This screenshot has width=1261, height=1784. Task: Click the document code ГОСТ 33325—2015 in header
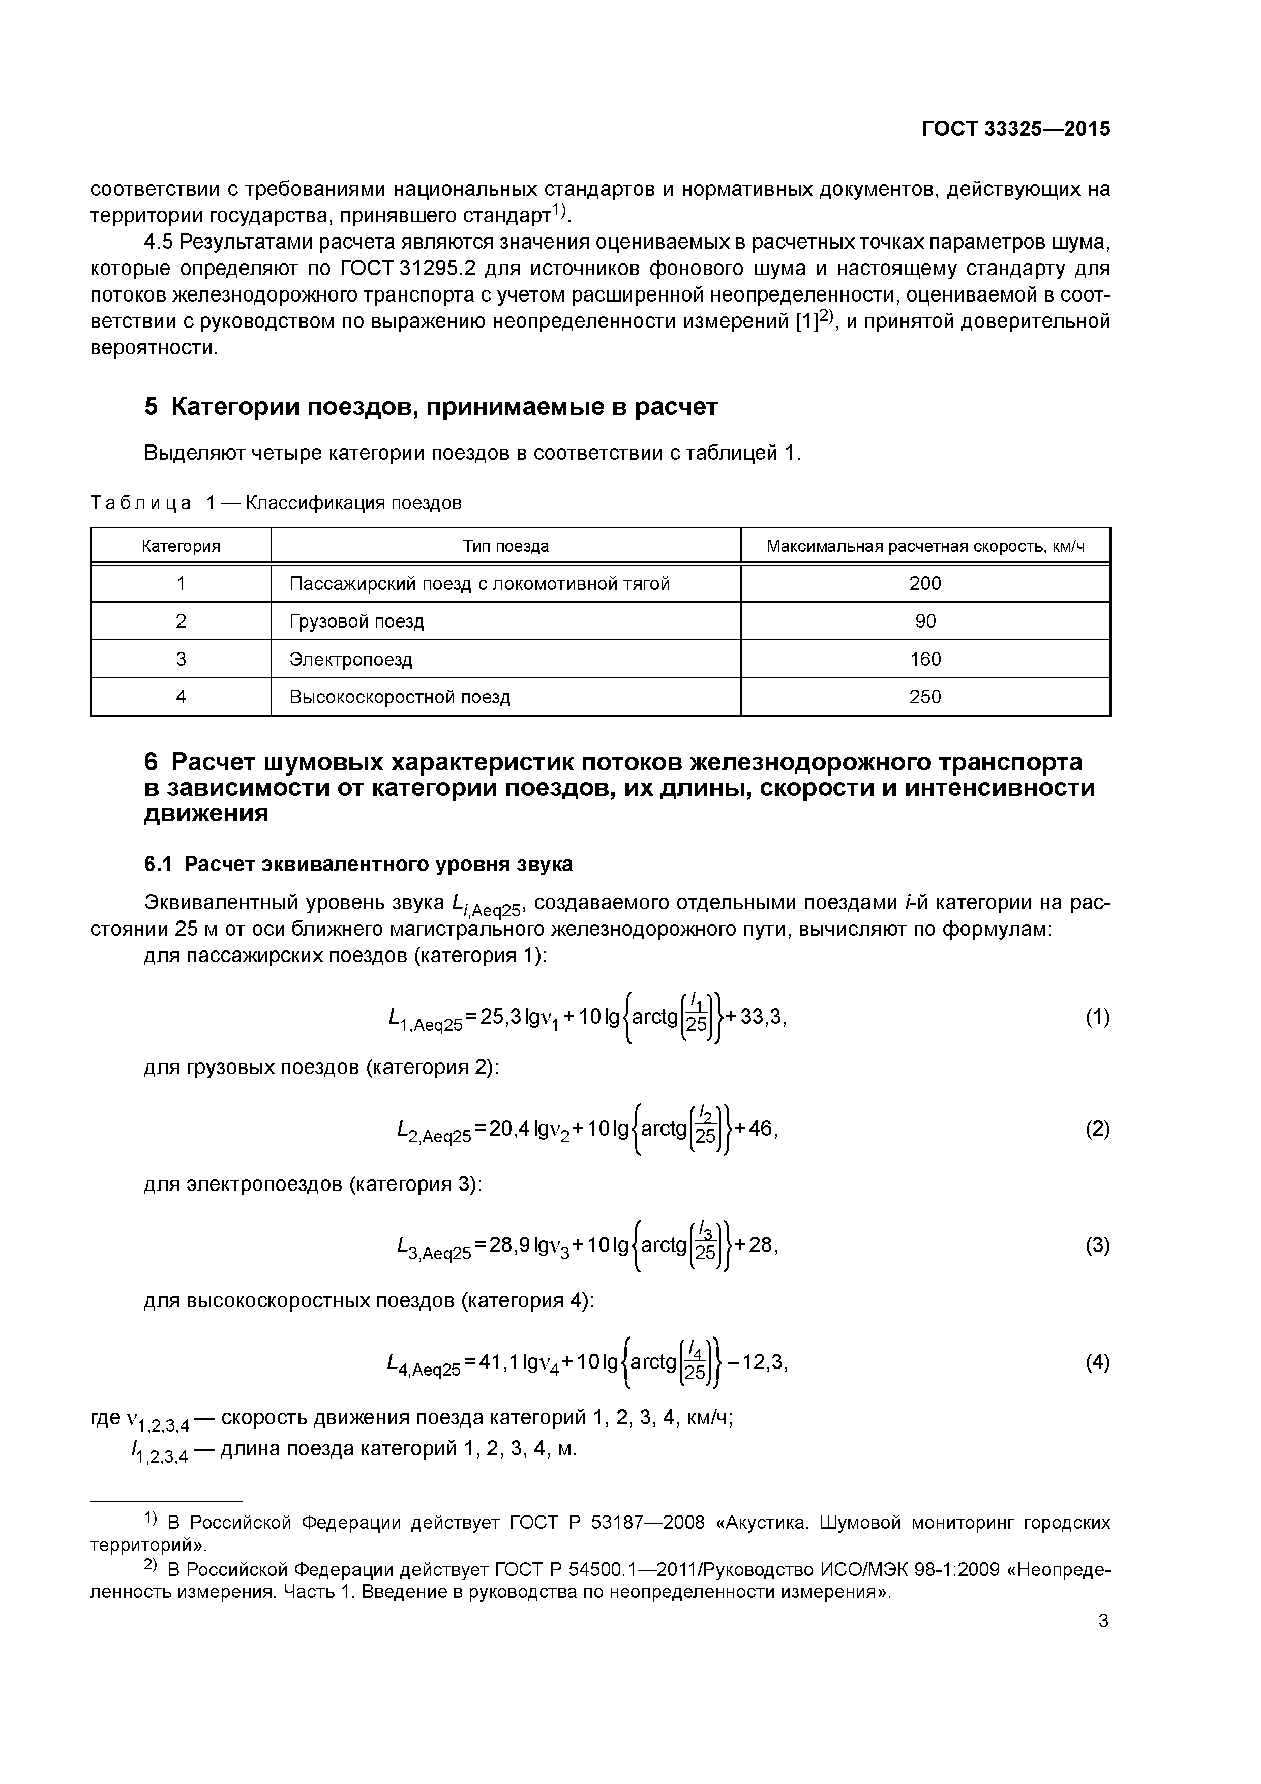click(x=1015, y=129)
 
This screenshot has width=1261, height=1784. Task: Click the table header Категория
click(x=181, y=546)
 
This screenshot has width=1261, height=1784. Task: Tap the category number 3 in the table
click(x=181, y=660)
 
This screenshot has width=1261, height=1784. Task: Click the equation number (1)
click(x=1097, y=1018)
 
